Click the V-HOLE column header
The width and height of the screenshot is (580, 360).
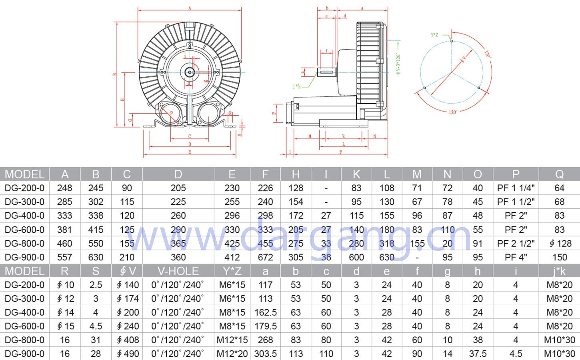(x=178, y=271)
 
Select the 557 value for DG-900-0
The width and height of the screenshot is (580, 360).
(x=64, y=257)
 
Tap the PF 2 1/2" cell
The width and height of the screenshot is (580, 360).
(x=516, y=243)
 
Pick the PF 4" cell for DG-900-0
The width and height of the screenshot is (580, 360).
(x=516, y=257)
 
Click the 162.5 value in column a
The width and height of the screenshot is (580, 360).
(x=265, y=312)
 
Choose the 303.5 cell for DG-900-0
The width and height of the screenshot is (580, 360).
(x=265, y=354)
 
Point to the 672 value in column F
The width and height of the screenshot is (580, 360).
(x=265, y=257)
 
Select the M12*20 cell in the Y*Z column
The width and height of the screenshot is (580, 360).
(x=232, y=354)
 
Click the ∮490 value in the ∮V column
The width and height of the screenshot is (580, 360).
(x=128, y=354)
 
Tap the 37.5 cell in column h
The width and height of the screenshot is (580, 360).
(x=478, y=354)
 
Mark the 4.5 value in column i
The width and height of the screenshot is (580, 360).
(x=516, y=354)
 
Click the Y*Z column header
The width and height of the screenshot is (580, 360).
(x=232, y=271)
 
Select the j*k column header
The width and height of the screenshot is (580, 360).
(x=559, y=271)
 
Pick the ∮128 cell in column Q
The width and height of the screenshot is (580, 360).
(x=559, y=243)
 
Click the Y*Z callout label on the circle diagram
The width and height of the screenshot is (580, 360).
(x=434, y=35)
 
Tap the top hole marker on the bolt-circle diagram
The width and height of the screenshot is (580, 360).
(x=452, y=41)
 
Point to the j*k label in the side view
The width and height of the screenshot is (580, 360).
(x=296, y=86)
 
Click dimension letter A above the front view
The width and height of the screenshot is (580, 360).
(x=190, y=8)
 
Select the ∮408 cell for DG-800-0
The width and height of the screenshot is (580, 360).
(x=128, y=340)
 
